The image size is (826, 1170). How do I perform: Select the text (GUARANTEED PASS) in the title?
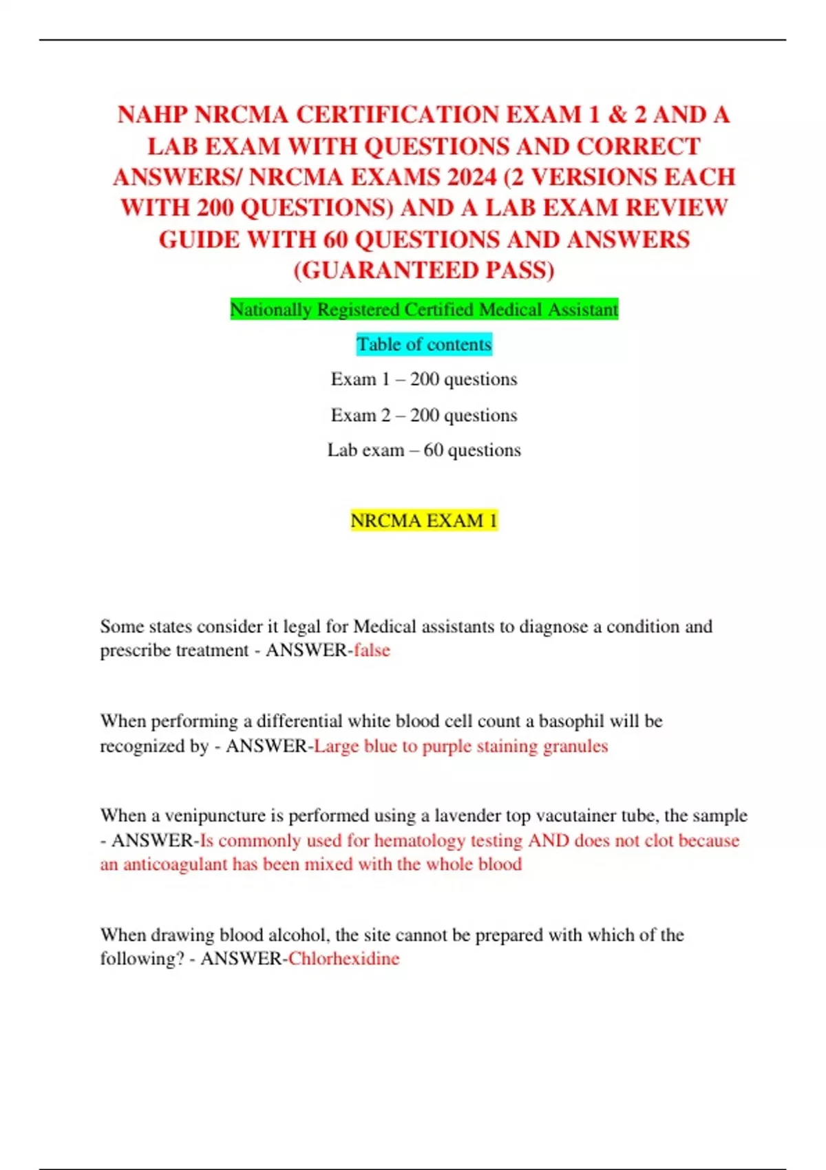424,270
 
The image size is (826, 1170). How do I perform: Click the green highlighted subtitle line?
424,310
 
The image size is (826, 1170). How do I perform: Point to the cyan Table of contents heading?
424,344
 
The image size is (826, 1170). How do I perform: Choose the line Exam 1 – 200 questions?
424,379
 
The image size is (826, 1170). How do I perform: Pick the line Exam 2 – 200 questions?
424,415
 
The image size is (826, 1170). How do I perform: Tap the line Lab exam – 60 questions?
424,450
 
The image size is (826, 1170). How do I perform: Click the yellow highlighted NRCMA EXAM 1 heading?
424,520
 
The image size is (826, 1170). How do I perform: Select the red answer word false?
372,650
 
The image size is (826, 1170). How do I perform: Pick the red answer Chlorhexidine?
343,959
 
